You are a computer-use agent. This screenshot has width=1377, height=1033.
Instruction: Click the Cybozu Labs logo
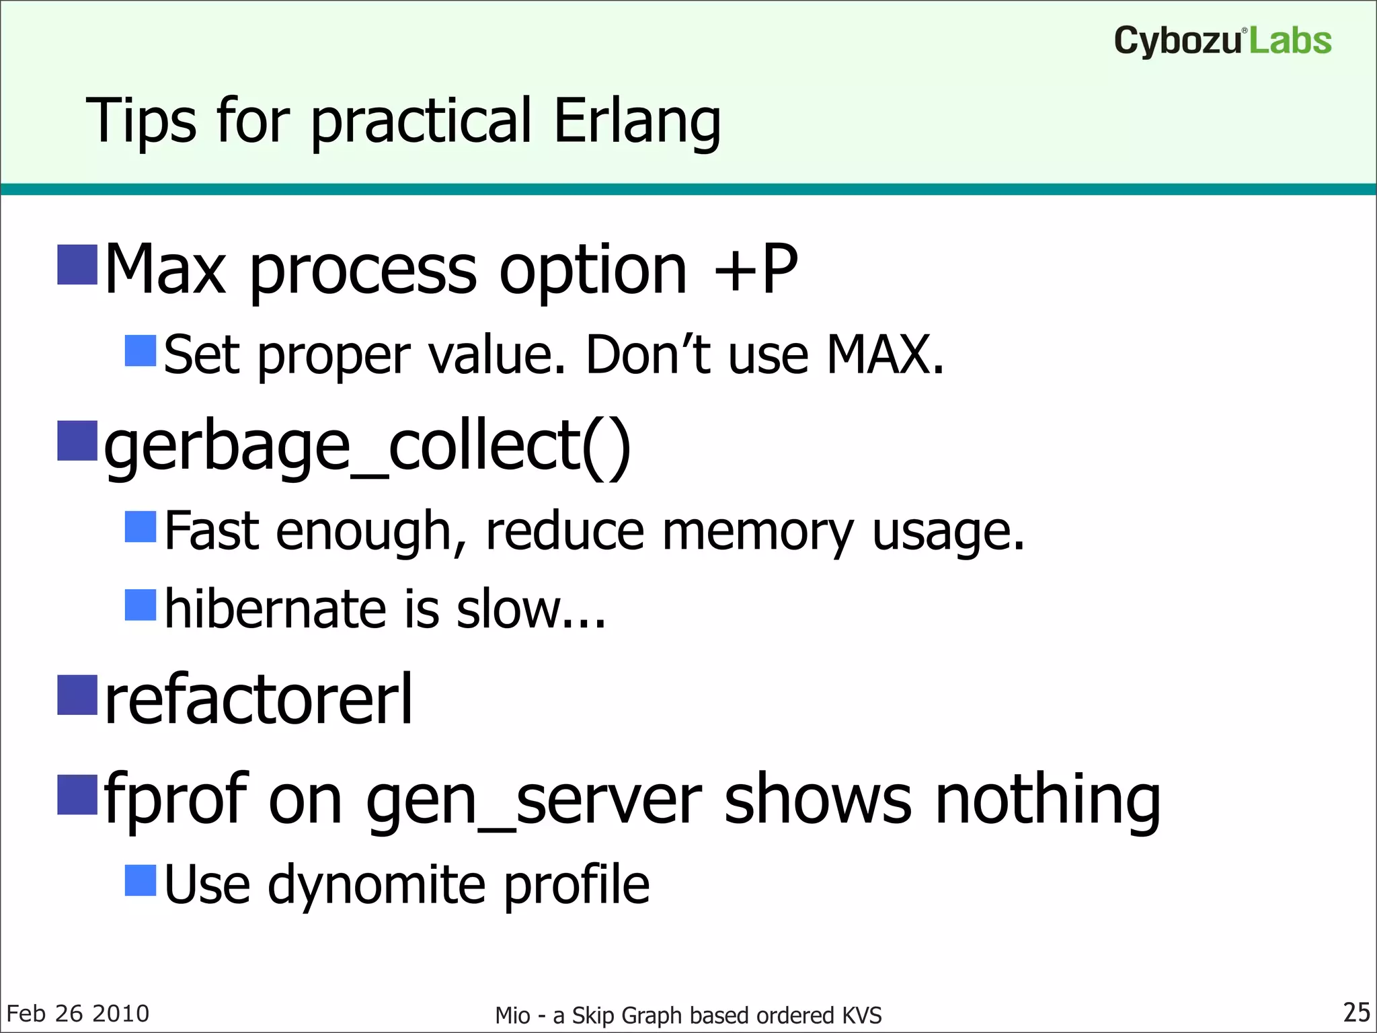click(x=1222, y=40)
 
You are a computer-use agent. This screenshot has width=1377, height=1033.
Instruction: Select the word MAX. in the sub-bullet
click(x=885, y=354)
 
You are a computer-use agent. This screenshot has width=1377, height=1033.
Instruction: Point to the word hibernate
click(x=275, y=609)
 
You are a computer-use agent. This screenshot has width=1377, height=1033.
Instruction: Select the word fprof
click(x=176, y=799)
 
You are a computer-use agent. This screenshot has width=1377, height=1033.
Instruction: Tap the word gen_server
click(x=534, y=799)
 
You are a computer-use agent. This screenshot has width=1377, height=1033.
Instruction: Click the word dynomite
click(x=377, y=884)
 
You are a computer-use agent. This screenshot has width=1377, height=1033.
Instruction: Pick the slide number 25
click(x=1356, y=1012)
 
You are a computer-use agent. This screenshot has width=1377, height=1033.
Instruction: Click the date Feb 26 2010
click(x=78, y=1013)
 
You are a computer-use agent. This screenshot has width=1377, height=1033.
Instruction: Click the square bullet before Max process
click(x=77, y=265)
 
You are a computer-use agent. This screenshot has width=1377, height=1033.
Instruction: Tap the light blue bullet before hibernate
click(x=141, y=605)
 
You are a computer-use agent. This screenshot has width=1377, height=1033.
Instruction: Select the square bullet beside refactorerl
click(x=77, y=695)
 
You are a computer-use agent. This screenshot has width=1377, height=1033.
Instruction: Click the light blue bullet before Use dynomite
click(x=141, y=880)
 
